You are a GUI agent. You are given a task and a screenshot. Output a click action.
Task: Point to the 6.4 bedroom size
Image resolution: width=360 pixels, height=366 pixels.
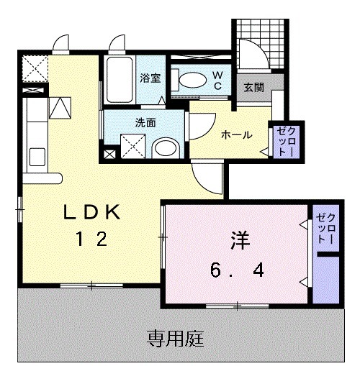point(237,270)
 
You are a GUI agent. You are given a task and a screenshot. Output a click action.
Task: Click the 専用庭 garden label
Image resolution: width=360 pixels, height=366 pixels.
point(176,337)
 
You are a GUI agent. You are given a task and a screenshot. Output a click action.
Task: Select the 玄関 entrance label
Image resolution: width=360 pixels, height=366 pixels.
point(253,88)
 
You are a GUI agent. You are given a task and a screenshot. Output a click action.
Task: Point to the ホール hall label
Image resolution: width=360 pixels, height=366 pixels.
point(236,135)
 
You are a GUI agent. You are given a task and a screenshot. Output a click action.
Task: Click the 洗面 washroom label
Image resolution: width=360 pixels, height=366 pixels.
point(146,122)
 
